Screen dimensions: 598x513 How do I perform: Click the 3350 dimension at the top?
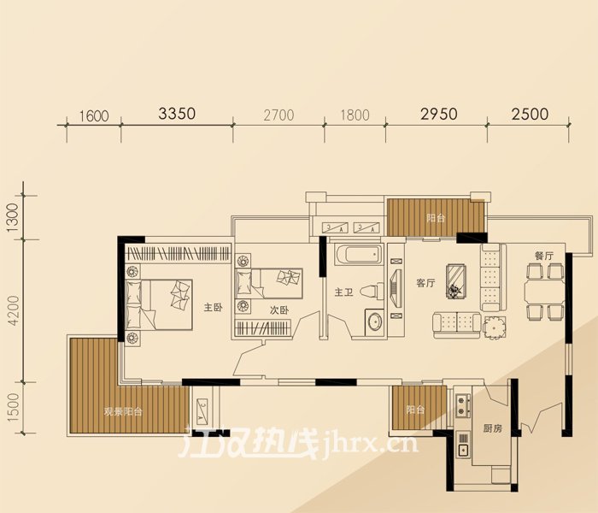[x=177, y=114]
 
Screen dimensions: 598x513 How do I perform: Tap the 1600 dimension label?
[x=94, y=116]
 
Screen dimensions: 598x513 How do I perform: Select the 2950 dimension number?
[x=438, y=114]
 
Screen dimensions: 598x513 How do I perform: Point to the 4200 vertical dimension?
[x=14, y=310]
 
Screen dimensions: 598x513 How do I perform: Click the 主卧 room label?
[x=213, y=307]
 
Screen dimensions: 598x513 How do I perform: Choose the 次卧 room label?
[x=278, y=310]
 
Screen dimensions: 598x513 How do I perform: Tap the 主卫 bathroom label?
[x=343, y=292]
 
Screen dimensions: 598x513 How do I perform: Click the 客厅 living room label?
[x=425, y=283]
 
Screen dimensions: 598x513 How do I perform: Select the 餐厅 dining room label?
[x=544, y=256]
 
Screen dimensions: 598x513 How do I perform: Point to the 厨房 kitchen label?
[x=492, y=428]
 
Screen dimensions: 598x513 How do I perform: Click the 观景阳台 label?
[x=123, y=412]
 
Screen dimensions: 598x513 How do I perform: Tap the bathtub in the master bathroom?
[x=358, y=254]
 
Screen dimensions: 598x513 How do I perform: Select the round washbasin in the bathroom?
[x=374, y=321]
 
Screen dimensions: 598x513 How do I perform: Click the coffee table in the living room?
[x=457, y=281]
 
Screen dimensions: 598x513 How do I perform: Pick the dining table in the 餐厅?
[x=544, y=292]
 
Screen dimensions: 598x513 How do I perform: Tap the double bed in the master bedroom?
[x=159, y=304]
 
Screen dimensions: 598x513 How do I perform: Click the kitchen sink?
[x=463, y=450]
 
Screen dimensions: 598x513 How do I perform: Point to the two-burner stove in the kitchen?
[x=463, y=405]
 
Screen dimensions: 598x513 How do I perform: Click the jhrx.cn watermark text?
[x=369, y=444]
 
